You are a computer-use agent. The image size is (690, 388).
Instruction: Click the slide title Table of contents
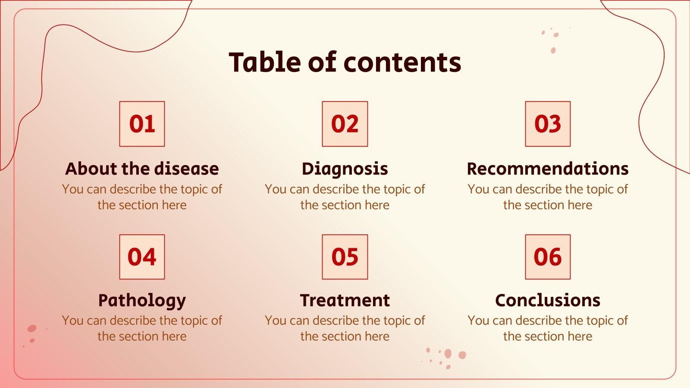(345, 62)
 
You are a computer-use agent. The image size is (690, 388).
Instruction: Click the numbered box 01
(142, 124)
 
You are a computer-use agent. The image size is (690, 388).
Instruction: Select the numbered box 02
(345, 124)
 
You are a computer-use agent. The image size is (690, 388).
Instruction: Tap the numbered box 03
(548, 124)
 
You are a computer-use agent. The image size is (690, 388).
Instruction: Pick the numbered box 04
(142, 257)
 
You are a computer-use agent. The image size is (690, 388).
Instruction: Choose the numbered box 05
(345, 257)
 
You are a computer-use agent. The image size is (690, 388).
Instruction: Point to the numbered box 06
(548, 257)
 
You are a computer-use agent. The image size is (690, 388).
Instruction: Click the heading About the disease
(142, 169)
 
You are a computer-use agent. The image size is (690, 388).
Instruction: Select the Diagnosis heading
(345, 169)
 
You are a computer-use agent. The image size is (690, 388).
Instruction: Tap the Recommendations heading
(548, 169)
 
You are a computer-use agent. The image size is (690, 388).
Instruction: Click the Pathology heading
(142, 300)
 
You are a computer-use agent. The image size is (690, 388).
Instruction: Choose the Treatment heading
(345, 300)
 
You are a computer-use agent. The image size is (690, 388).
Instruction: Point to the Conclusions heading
(548, 300)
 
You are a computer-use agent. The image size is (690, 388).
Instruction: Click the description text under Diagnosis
(345, 197)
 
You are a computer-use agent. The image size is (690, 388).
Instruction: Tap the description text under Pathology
(142, 329)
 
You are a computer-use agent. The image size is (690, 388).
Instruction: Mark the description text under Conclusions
(548, 329)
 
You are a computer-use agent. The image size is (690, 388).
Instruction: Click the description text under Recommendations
(548, 197)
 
